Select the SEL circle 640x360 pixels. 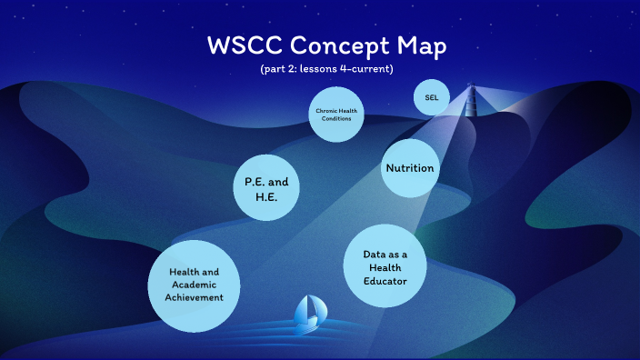point(431,97)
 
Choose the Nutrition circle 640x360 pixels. point(410,168)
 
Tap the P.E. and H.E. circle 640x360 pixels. point(266,189)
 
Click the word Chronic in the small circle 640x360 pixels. point(324,111)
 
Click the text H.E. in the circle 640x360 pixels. point(266,197)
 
